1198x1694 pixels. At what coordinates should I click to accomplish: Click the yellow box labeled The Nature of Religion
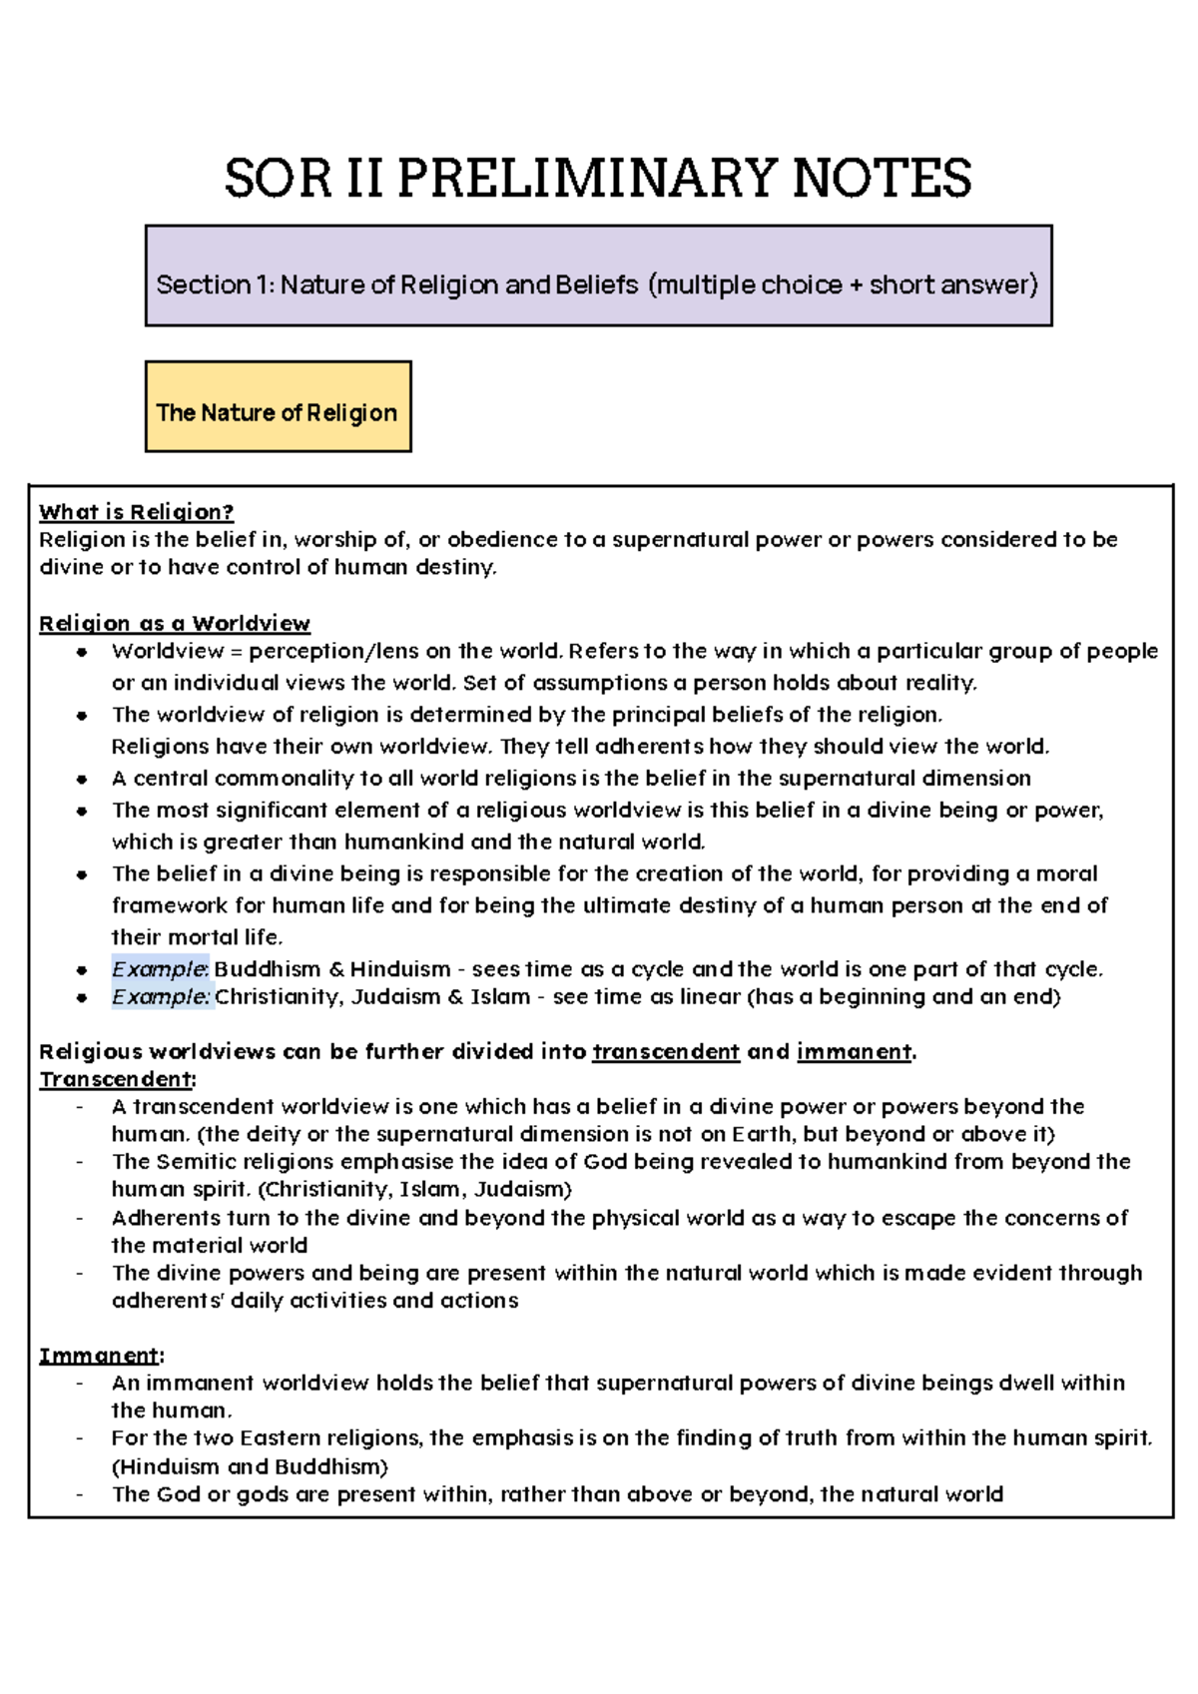click(278, 407)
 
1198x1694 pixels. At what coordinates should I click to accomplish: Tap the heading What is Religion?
click(136, 512)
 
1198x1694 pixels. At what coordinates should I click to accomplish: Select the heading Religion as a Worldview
click(174, 624)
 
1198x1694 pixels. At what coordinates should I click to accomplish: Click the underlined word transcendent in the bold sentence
click(666, 1052)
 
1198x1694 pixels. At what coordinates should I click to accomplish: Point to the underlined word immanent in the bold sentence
click(854, 1052)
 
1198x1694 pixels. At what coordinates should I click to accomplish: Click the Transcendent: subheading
click(117, 1079)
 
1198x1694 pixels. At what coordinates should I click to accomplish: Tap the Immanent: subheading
click(101, 1356)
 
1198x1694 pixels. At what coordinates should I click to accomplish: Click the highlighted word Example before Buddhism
click(160, 969)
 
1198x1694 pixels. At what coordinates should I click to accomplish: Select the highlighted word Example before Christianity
click(161, 996)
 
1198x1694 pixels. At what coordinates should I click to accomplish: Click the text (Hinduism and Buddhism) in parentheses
click(250, 1466)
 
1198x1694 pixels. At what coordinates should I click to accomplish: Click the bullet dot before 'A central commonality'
click(83, 780)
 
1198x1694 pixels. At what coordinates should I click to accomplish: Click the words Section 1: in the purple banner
click(214, 285)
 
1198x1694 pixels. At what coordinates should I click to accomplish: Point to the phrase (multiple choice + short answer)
click(844, 285)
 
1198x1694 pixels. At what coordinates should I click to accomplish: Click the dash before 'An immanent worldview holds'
click(80, 1384)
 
